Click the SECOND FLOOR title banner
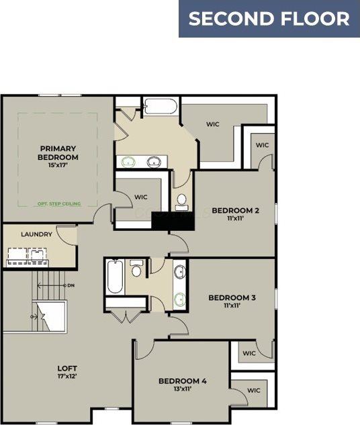coord(269,19)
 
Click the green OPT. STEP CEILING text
coord(59,203)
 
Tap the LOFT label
coord(67,369)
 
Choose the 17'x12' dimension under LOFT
coord(67,377)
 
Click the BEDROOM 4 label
coord(183,381)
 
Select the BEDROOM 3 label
coord(232,297)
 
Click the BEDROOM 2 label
coord(235,211)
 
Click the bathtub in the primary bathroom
coord(160,107)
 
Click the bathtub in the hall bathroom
coord(115,277)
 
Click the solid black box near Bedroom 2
coord(161,221)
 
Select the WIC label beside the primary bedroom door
coord(141,197)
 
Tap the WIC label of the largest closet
coord(213,124)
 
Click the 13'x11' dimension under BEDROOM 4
coord(183,389)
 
